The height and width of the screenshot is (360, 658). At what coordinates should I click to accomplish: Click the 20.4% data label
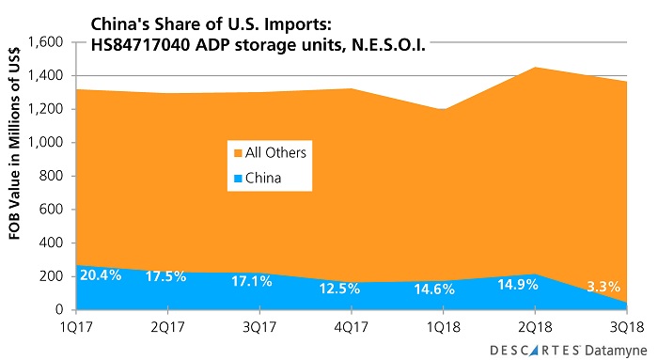[x=101, y=275]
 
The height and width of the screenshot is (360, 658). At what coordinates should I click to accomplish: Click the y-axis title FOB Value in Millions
[x=16, y=176]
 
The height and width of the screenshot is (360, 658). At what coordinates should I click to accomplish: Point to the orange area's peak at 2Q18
[x=536, y=68]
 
